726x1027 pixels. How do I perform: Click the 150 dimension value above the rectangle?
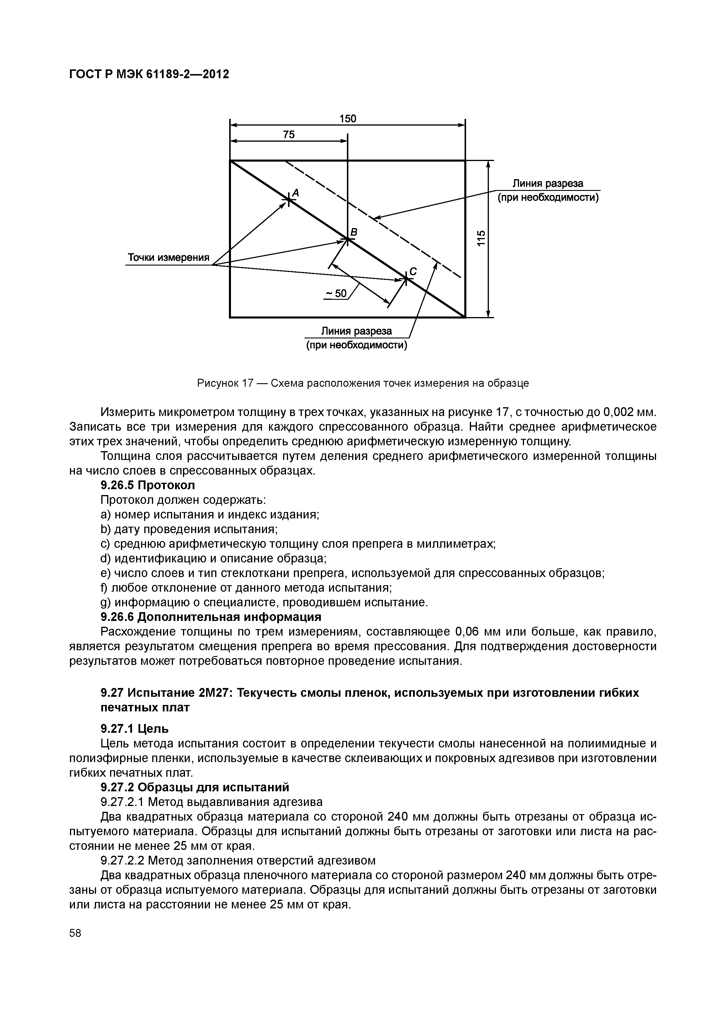(x=347, y=119)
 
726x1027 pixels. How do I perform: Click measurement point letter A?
(x=296, y=193)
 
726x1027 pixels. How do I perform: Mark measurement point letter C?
(x=413, y=271)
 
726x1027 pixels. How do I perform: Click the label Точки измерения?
(x=169, y=258)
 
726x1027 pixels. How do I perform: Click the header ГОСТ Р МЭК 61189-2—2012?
(x=149, y=74)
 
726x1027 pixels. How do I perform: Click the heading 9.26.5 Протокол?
(x=148, y=485)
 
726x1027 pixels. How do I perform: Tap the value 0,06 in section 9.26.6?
(x=467, y=632)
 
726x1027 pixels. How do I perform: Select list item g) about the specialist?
(x=264, y=602)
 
